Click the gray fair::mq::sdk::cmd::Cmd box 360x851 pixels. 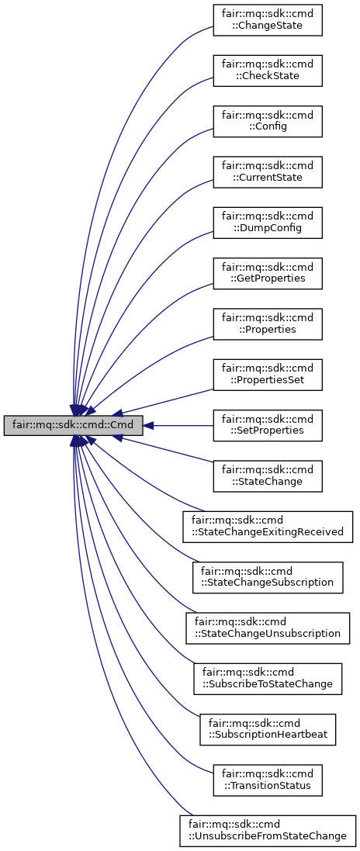click(73, 426)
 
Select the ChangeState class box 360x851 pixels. click(268, 19)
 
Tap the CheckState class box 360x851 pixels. click(268, 70)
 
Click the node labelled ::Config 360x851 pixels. click(268, 120)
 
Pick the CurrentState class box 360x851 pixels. click(268, 171)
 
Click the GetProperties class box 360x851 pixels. click(268, 272)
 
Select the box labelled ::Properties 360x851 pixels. click(268, 322)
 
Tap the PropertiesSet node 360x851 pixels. click(268, 375)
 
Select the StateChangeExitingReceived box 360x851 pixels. click(268, 527)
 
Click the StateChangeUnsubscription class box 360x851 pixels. click(268, 628)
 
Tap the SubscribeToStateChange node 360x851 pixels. click(268, 678)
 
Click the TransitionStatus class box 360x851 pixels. click(268, 779)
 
